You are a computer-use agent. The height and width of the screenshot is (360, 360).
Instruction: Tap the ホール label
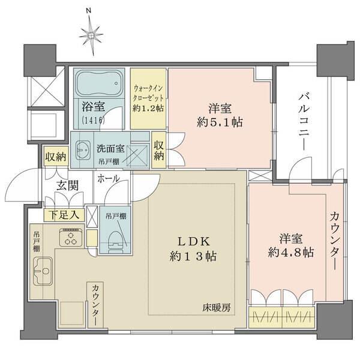coord(108,178)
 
